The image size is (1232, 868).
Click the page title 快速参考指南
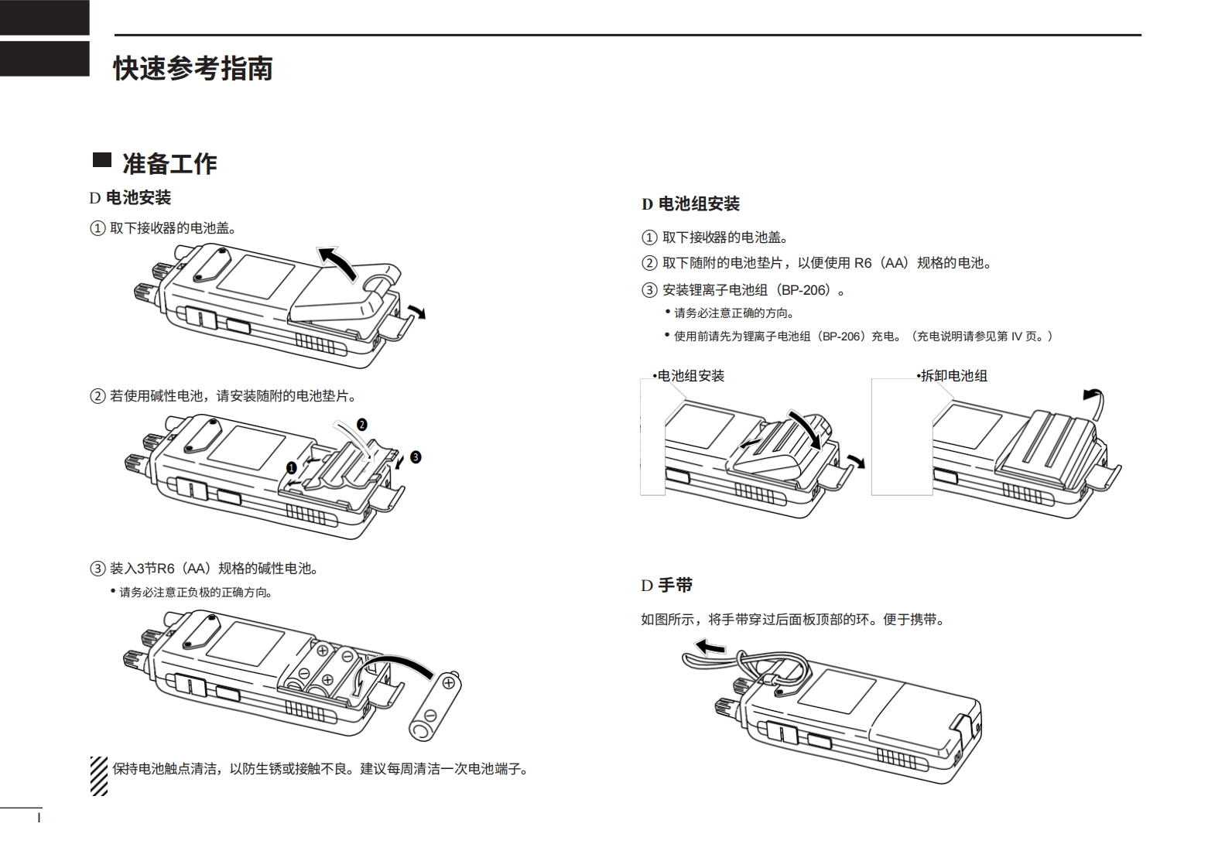click(193, 69)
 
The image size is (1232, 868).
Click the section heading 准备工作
click(169, 164)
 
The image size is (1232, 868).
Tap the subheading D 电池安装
click(130, 198)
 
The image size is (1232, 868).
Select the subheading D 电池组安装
click(690, 204)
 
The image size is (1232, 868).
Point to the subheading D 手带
click(666, 586)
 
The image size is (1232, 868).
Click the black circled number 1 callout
click(292, 468)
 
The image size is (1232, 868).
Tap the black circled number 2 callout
click(361, 424)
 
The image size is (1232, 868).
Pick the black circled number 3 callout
click(416, 456)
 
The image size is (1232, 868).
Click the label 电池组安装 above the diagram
click(690, 376)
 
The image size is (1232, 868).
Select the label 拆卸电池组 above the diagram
click(953, 376)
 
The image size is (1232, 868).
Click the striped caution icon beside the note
click(99, 776)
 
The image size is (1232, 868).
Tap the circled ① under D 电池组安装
click(649, 238)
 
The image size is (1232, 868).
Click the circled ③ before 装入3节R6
click(98, 569)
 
